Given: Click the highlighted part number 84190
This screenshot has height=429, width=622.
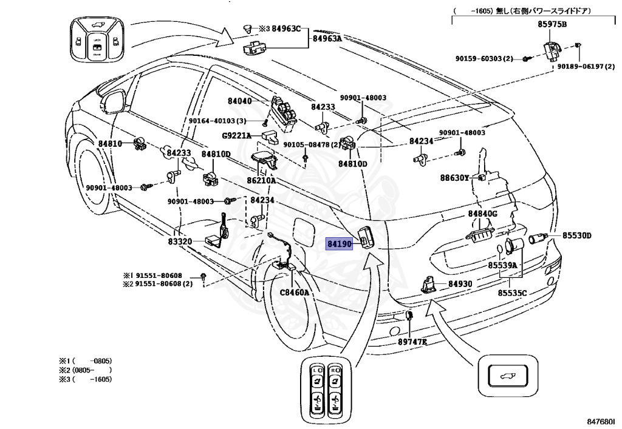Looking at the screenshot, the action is pyautogui.click(x=339, y=244).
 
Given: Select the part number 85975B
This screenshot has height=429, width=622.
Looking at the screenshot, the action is pyautogui.click(x=552, y=24).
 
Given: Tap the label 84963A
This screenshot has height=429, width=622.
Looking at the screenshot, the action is pyautogui.click(x=327, y=38).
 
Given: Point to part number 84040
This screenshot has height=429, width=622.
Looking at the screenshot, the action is pyautogui.click(x=239, y=101).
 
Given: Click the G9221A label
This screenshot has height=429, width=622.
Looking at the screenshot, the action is pyautogui.click(x=236, y=136).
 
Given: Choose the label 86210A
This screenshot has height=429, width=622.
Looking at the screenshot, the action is pyautogui.click(x=261, y=181).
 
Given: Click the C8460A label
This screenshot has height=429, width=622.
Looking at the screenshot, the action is pyautogui.click(x=295, y=292).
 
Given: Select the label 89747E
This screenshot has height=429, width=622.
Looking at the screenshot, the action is pyautogui.click(x=412, y=342).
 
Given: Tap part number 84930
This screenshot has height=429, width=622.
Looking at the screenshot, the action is pyautogui.click(x=460, y=284).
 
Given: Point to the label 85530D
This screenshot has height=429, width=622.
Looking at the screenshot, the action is pyautogui.click(x=577, y=235).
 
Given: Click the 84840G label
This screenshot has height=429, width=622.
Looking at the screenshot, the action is pyautogui.click(x=482, y=214).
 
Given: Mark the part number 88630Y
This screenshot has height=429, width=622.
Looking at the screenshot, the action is pyautogui.click(x=454, y=178).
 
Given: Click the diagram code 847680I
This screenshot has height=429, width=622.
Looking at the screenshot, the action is pyautogui.click(x=603, y=421).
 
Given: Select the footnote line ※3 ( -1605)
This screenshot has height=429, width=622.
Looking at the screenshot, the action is pyautogui.click(x=86, y=379).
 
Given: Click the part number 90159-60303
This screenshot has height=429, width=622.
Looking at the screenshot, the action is pyautogui.click(x=479, y=59).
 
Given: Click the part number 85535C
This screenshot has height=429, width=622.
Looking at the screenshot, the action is pyautogui.click(x=513, y=293).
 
